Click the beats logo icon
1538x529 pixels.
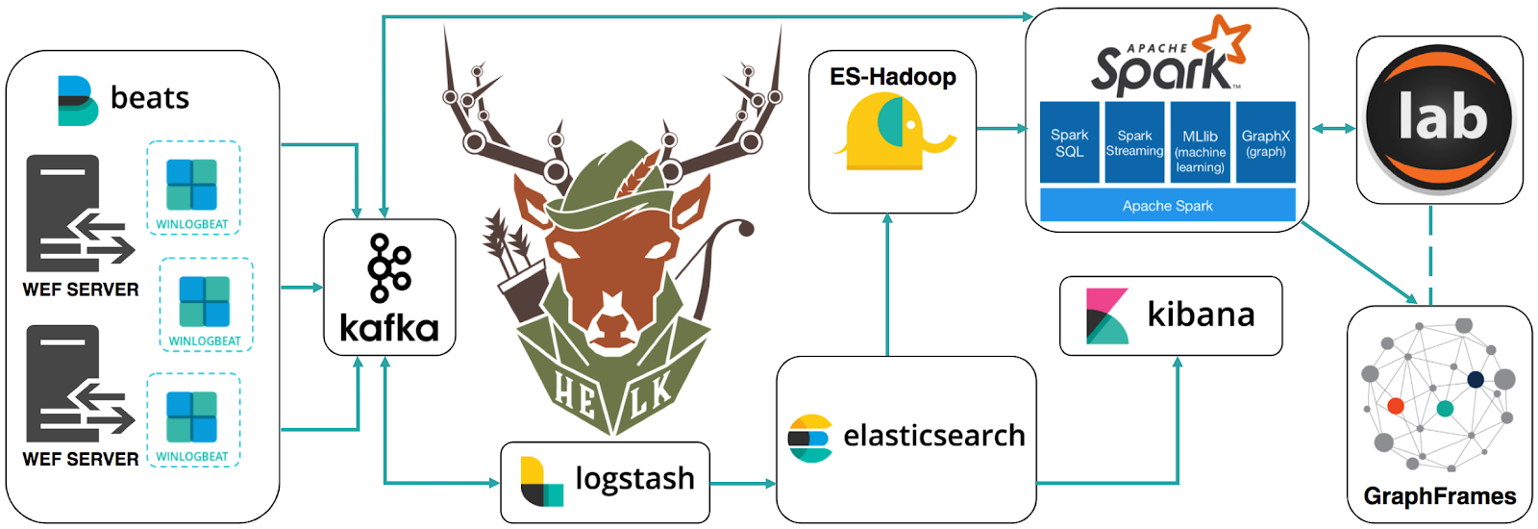pos(77,100)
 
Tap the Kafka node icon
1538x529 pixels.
pos(389,266)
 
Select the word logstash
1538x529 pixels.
pos(634,479)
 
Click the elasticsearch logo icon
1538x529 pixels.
pos(809,438)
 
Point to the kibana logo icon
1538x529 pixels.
pos(1106,315)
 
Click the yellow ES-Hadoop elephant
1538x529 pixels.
pos(892,133)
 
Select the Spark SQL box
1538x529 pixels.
pos(1069,142)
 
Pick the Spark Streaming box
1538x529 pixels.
pos(1134,142)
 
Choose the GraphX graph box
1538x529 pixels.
pos(1265,142)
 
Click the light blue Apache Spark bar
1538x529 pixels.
pos(1167,205)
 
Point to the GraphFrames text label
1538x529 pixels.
pos(1439,496)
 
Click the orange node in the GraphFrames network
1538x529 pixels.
pos(1396,406)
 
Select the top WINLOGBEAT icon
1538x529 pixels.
pos(192,184)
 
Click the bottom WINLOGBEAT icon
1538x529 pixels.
pos(192,416)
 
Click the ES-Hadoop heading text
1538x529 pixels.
pos(893,77)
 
